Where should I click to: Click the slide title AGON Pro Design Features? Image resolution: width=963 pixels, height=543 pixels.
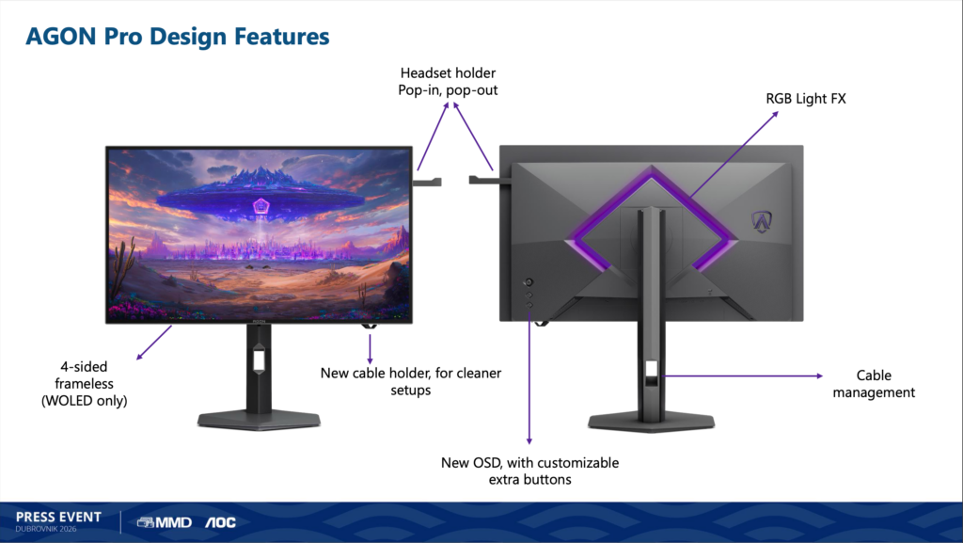178,37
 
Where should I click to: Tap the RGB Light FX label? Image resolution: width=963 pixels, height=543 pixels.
805,98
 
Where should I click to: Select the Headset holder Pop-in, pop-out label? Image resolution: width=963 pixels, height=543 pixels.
448,81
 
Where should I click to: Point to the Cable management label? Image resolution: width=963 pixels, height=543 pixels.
874,383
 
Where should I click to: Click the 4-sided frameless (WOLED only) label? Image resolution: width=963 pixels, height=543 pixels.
84,383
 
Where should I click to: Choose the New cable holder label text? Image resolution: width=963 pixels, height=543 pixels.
411,381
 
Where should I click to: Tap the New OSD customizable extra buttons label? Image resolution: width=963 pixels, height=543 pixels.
529,471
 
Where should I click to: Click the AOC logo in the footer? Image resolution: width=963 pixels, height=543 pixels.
220,522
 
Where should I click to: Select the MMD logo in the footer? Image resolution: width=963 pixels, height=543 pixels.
164,522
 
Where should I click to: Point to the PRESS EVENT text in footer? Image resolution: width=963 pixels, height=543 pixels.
58,517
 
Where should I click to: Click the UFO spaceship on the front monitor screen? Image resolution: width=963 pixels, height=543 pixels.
259,197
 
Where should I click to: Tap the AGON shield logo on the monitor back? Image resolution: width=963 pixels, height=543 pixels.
762,221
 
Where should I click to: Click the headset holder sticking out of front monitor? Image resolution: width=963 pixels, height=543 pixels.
427,182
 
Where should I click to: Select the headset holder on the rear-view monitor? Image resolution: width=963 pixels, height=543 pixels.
484,180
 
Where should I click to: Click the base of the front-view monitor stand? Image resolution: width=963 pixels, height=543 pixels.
259,421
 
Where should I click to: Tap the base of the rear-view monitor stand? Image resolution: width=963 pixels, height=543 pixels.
651,422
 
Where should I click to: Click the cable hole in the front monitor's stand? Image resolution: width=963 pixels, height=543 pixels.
259,359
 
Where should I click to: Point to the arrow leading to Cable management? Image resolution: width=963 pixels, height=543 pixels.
743,375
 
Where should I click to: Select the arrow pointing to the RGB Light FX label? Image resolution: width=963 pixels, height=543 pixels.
734,154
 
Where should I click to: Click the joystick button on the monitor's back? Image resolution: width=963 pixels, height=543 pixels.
529,282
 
